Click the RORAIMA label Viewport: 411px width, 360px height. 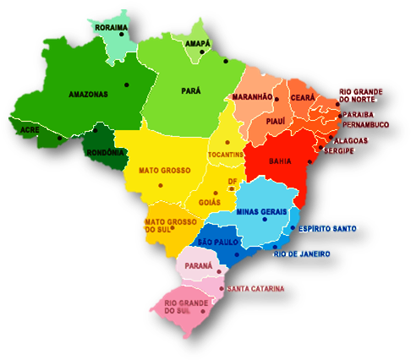pos(112,28)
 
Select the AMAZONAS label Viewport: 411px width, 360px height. pos(89,95)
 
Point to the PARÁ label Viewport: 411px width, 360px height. pos(191,90)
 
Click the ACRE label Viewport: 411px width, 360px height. pos(30,130)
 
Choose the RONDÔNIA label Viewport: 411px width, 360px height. pos(106,152)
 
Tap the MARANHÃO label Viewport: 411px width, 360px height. pos(253,97)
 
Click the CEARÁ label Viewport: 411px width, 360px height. pos(303,98)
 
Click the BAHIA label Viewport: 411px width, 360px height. pos(280,160)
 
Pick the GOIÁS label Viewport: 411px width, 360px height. pos(211,203)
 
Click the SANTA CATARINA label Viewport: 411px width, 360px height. pos(255,288)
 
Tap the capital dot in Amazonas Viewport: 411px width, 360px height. pos(126,84)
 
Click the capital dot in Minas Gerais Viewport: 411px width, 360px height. pos(266,221)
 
